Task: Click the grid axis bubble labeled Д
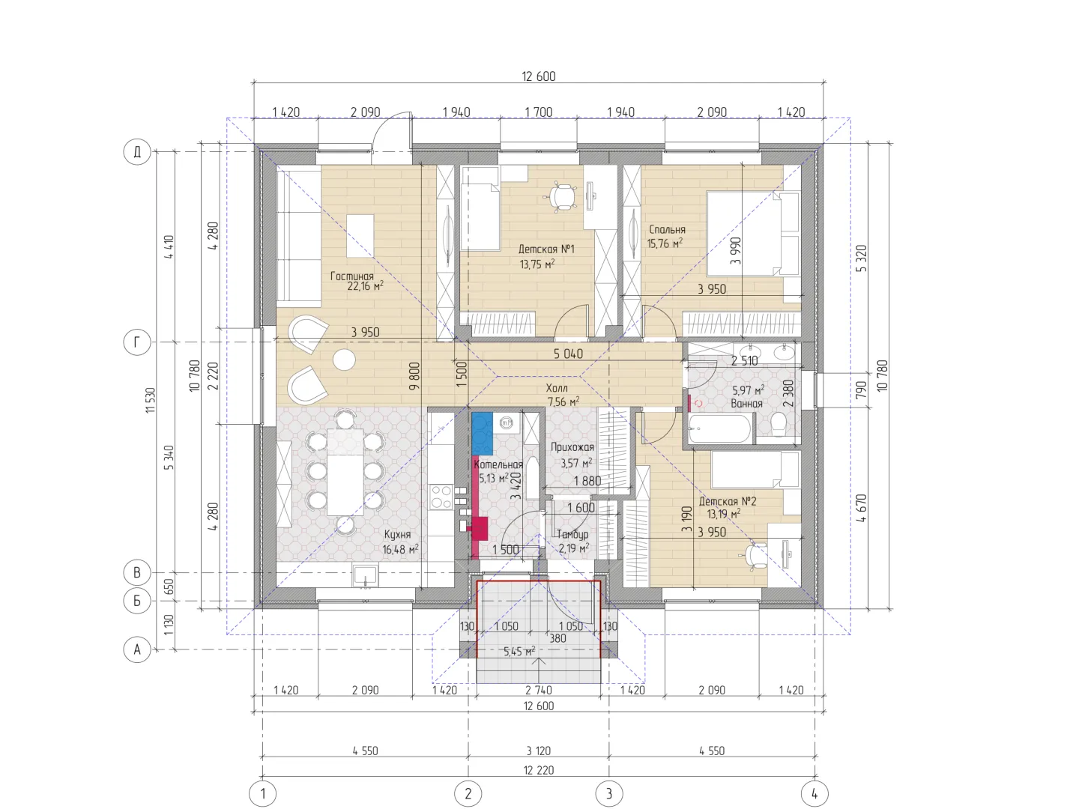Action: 136,151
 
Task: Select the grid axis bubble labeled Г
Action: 136,342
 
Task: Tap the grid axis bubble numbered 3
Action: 609,793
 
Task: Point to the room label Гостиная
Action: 352,276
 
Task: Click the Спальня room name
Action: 667,229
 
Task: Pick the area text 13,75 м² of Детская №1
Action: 537,264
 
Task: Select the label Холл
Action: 557,388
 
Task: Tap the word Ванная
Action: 747,403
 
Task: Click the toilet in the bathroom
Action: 779,425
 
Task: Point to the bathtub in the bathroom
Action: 719,430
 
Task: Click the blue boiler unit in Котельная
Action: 482,434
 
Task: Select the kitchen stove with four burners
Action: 441,497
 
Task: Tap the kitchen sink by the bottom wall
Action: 365,576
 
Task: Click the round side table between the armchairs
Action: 344,360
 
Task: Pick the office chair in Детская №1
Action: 560,196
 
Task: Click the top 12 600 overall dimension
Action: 539,76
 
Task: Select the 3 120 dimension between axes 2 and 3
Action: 539,751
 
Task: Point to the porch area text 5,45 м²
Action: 519,652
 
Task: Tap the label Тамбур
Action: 572,534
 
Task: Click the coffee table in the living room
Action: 360,236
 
